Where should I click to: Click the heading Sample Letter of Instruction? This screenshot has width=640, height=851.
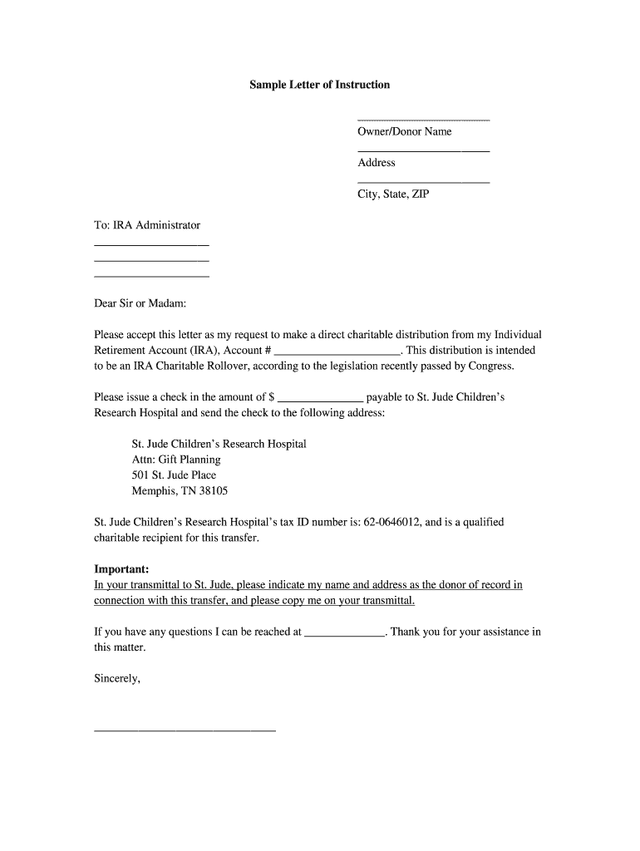pyautogui.click(x=319, y=85)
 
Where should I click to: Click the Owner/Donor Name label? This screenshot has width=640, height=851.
pyautogui.click(x=404, y=131)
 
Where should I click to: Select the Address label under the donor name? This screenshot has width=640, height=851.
pyautogui.click(x=376, y=163)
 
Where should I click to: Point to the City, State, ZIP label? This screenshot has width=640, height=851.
pyautogui.click(x=393, y=194)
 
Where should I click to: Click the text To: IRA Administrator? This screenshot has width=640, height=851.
pyautogui.click(x=147, y=225)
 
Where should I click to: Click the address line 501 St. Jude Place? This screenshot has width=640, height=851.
pyautogui.click(x=174, y=475)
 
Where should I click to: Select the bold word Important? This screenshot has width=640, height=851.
pyautogui.click(x=121, y=569)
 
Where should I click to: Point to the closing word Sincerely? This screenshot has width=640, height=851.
pyautogui.click(x=117, y=679)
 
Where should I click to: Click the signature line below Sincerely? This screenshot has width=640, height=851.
pyautogui.click(x=185, y=730)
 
